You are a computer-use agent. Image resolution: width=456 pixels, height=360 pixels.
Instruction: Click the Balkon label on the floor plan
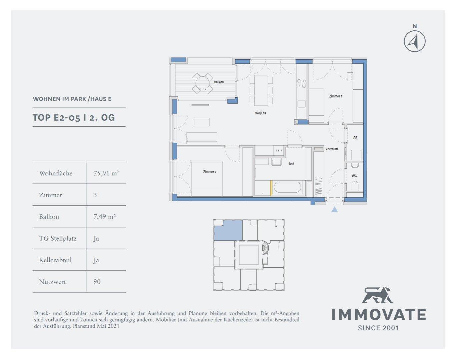point(219,82)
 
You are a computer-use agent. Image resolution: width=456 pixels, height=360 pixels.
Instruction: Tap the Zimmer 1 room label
point(336,96)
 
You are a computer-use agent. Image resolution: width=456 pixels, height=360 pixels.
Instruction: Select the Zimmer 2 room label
point(209,172)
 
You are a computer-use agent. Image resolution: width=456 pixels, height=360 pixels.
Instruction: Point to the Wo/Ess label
point(261,113)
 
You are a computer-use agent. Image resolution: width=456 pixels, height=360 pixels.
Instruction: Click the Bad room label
point(291,164)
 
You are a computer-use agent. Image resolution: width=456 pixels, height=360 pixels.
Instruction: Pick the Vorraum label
point(332,149)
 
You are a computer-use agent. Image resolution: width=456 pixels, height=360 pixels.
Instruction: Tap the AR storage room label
point(355,138)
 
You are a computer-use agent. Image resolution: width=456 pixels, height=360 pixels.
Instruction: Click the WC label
point(354,176)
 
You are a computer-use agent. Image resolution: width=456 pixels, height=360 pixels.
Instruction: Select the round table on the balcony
point(202,83)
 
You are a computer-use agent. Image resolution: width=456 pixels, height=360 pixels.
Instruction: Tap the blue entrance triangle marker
point(334,210)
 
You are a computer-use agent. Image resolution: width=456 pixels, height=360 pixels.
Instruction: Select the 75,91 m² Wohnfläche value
point(106,173)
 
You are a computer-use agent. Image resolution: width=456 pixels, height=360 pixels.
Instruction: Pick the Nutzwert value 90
point(97,282)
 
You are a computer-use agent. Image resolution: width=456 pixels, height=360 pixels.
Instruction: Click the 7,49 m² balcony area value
point(104,217)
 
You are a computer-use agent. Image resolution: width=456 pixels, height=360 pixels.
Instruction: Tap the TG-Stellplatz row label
point(58,238)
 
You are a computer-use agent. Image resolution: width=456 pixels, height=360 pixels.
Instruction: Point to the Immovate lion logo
point(377,295)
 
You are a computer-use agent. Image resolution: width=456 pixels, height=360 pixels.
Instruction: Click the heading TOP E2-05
point(56,118)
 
